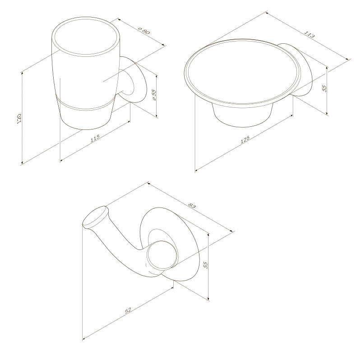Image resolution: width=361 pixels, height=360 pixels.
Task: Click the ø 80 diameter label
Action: [144, 30]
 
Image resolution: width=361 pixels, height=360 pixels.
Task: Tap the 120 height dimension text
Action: [19, 118]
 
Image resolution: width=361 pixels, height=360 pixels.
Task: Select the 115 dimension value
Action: [95, 138]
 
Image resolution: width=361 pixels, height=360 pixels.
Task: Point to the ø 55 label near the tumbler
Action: [154, 95]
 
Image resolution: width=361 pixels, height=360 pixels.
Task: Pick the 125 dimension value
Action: [245, 139]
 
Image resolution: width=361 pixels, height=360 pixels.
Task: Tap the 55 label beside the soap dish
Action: [324, 88]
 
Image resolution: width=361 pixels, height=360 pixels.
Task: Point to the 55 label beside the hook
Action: [206, 265]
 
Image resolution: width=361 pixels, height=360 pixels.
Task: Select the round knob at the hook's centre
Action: [162, 254]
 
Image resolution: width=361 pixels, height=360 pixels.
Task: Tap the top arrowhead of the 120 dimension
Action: [22, 73]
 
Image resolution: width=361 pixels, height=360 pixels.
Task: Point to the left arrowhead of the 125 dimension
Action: [196, 171]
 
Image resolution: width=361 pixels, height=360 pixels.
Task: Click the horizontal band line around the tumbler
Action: [86, 107]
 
